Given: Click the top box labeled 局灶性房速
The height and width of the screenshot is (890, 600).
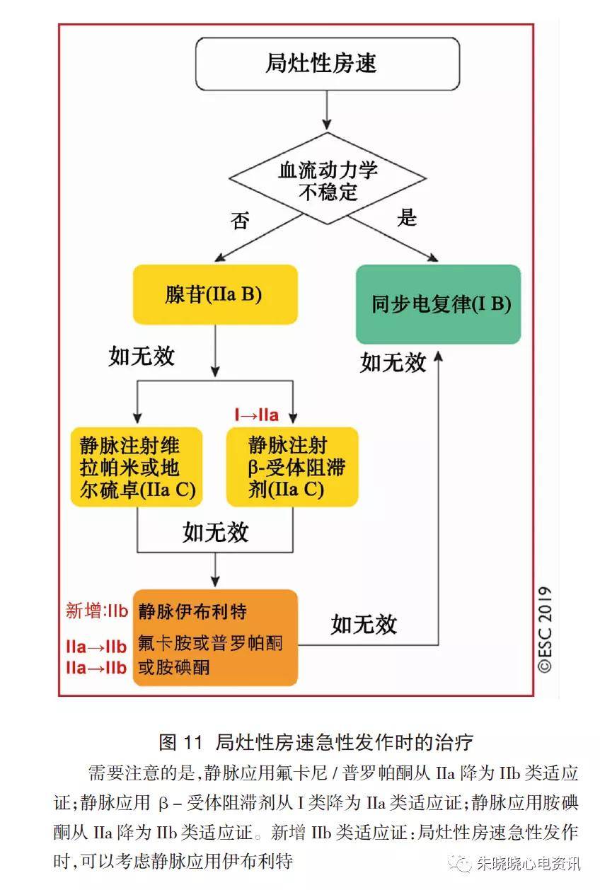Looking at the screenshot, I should click(328, 64).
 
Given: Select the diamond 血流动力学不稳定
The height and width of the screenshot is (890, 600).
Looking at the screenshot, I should click(328, 180).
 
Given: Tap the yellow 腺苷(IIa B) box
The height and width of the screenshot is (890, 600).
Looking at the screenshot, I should click(214, 294).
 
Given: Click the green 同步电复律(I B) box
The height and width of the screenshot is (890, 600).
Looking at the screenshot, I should click(438, 305).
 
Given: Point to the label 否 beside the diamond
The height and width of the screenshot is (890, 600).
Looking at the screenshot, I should click(239, 221).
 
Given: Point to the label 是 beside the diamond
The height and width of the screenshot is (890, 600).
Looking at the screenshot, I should click(407, 218).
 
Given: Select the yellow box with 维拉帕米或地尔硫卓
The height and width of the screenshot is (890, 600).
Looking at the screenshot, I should click(137, 467).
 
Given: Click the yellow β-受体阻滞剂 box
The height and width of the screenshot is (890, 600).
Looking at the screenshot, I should click(292, 467).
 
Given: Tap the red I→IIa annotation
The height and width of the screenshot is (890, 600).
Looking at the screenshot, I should click(256, 415).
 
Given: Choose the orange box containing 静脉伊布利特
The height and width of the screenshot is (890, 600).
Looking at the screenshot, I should click(215, 637).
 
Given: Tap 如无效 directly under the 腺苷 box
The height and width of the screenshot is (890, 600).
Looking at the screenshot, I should click(142, 356).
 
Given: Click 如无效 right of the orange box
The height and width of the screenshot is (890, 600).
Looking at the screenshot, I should click(364, 624).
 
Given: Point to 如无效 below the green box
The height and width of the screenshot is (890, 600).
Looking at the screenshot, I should click(393, 362).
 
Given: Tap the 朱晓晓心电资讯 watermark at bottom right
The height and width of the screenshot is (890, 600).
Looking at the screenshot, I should click(528, 865).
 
